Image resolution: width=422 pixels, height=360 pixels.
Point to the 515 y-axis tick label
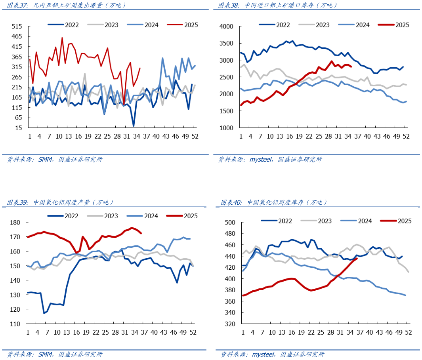tap(16, 27)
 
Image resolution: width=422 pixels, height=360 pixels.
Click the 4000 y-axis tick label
tap(226, 27)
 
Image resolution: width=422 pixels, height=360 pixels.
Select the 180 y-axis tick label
tap(15, 223)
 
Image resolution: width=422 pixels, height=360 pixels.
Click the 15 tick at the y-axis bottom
tap(18, 128)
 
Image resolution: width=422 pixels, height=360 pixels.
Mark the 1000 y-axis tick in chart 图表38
tap(226, 128)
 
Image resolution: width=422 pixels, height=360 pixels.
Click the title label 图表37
tap(15, 5)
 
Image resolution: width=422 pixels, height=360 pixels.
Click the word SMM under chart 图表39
tap(44, 354)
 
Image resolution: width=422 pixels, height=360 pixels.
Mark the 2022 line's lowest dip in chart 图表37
tap(134, 126)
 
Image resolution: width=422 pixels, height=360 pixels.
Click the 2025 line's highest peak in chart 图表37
tap(62, 38)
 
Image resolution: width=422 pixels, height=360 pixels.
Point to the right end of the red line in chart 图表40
tap(357, 259)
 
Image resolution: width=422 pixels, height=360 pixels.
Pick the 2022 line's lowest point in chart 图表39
tap(44, 313)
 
